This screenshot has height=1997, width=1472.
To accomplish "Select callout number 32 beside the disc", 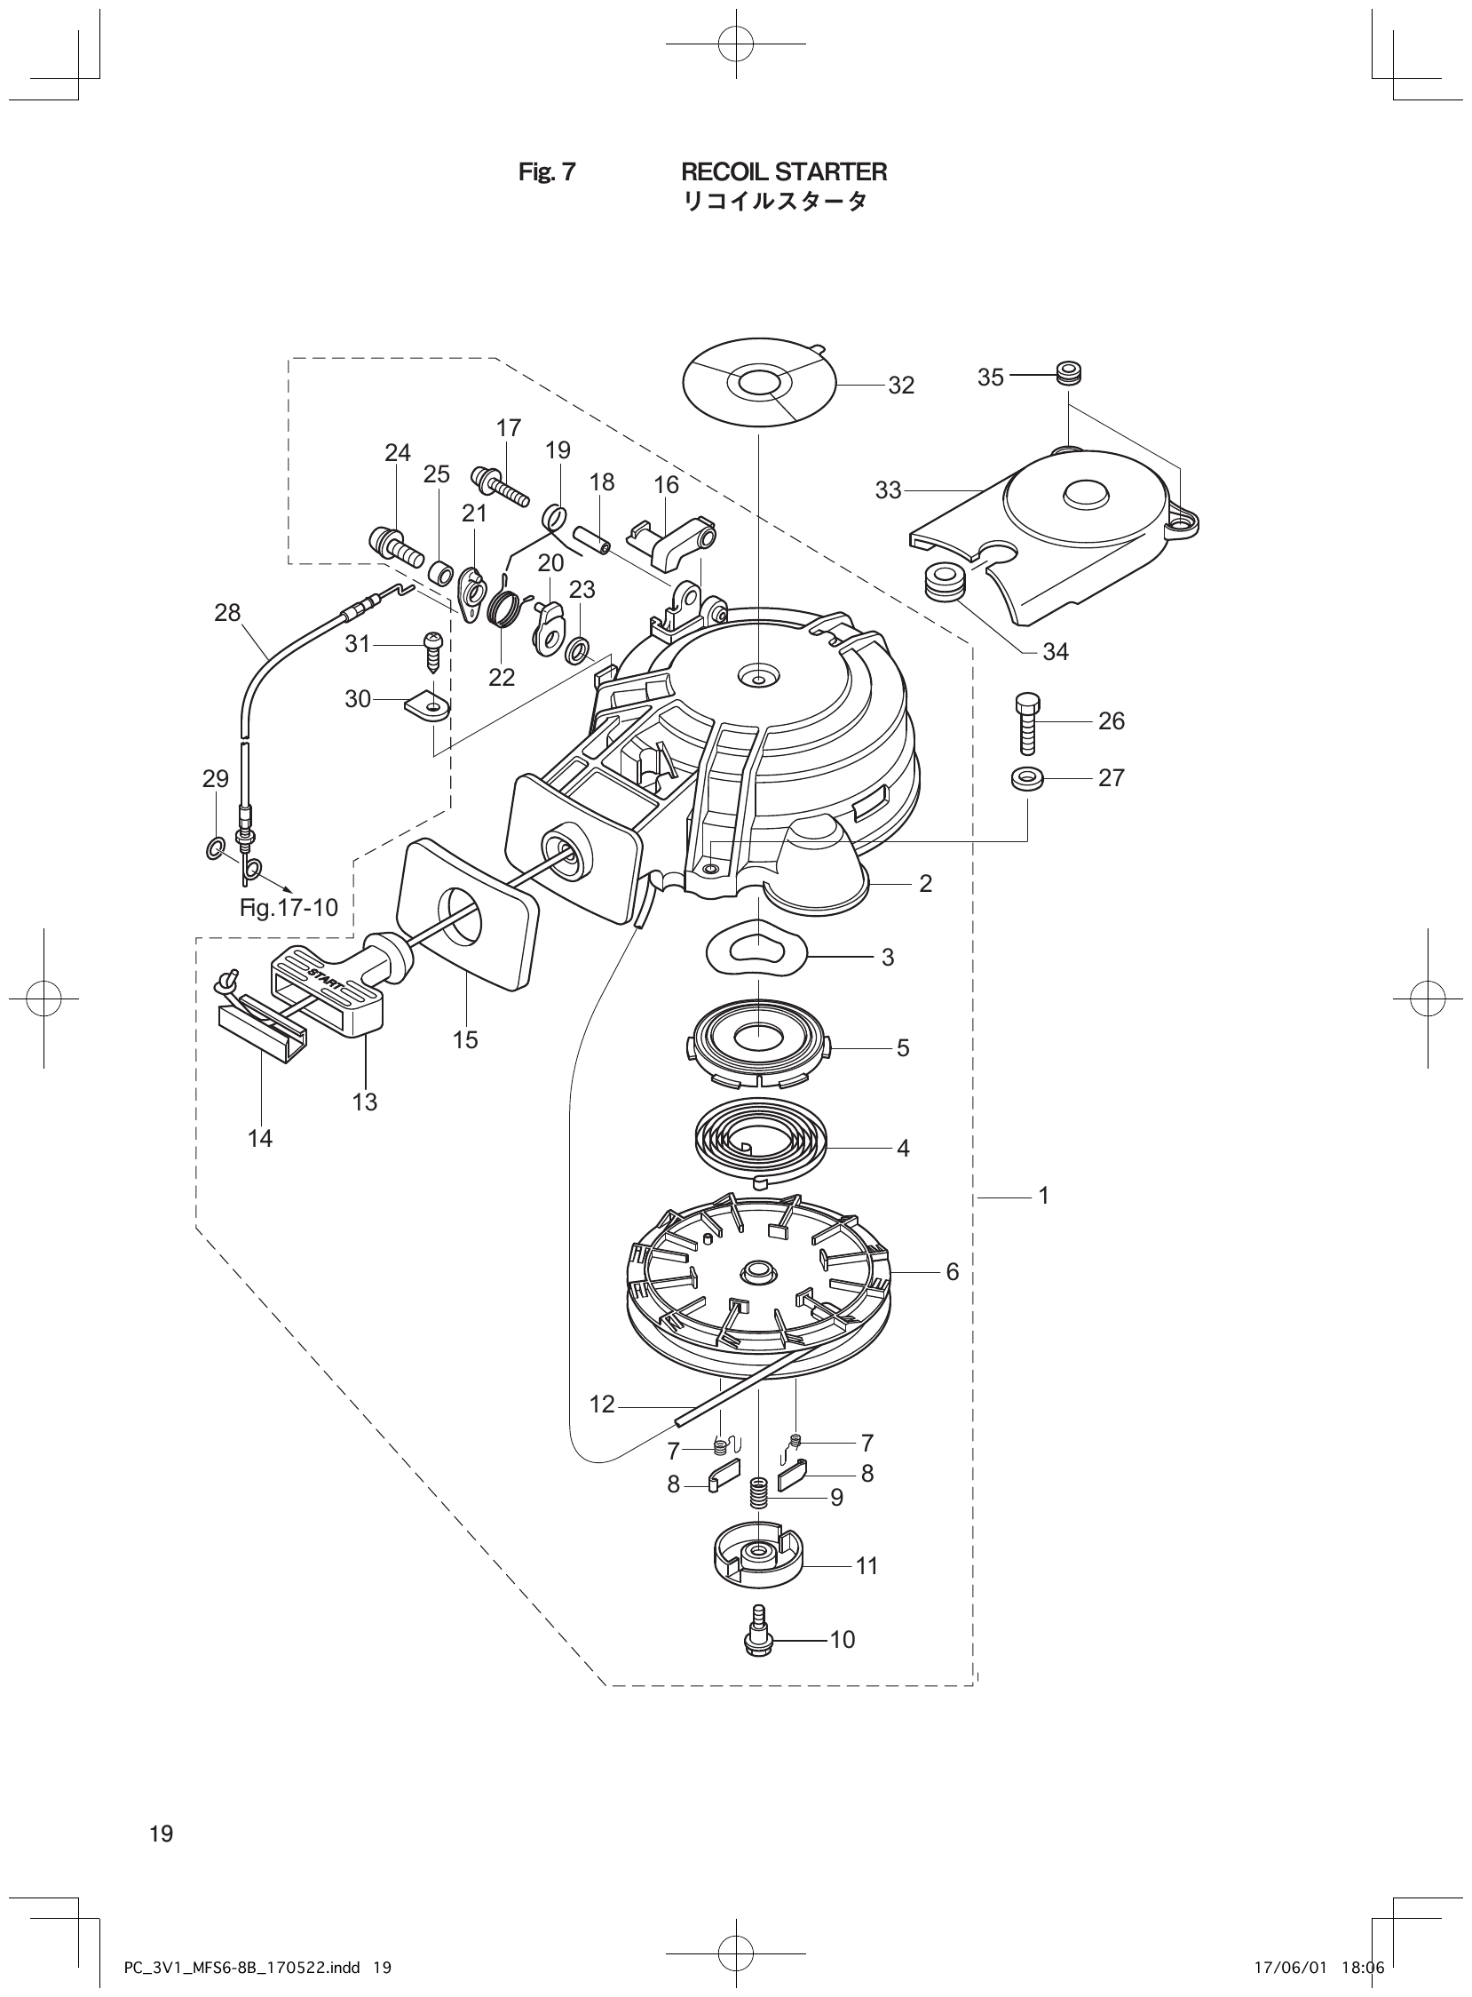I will pyautogui.click(x=901, y=386).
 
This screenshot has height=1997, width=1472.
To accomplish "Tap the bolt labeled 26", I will pyautogui.click(x=1025, y=723).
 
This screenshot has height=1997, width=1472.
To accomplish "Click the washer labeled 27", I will pyautogui.click(x=1026, y=778).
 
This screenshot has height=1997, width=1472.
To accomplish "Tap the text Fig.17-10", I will pyautogui.click(x=289, y=908).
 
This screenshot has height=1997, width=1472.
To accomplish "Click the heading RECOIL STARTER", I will pyautogui.click(x=783, y=171).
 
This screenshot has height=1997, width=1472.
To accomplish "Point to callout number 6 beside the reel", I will pyautogui.click(x=952, y=1272).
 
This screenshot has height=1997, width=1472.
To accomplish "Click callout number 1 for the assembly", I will pyautogui.click(x=1043, y=1196).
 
